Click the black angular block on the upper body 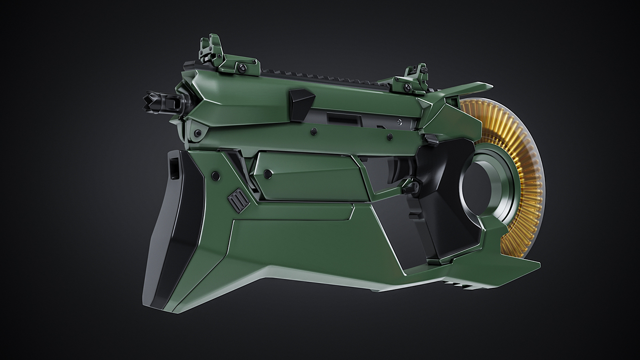302,104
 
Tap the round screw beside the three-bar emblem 216,175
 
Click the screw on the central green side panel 268,173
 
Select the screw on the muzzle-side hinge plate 197,133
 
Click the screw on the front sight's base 242,68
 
